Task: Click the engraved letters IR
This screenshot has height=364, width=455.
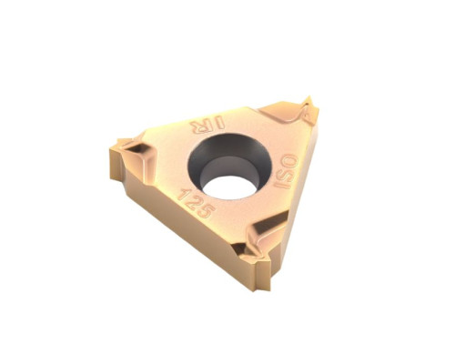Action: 207,125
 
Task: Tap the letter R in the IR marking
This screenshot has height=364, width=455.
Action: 198,126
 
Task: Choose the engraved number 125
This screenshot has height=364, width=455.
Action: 196,202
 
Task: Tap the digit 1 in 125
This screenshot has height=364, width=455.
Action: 184,194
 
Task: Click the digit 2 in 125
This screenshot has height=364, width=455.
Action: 194,201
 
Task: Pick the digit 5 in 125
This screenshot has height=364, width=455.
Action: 207,210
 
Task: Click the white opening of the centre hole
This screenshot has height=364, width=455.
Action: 229,187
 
